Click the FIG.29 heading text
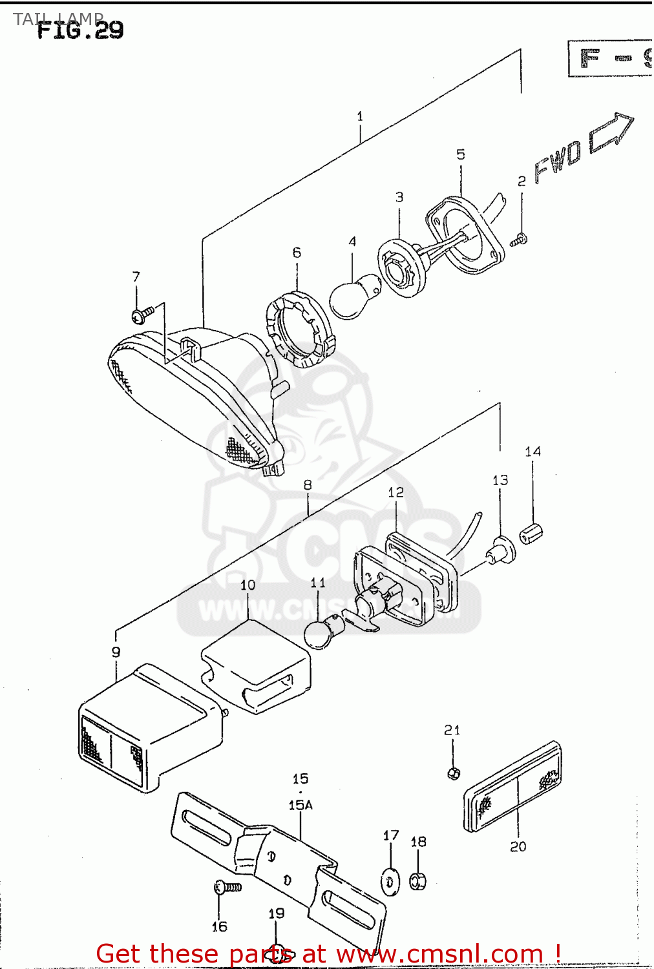click(80, 30)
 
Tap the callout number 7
click(136, 277)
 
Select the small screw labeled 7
click(142, 315)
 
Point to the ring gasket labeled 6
click(300, 329)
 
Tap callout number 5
click(461, 154)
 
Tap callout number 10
click(248, 585)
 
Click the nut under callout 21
click(454, 772)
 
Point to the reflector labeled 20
click(513, 787)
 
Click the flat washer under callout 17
click(390, 882)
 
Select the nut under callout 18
click(418, 880)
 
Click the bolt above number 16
click(227, 888)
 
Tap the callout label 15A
click(301, 806)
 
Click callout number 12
click(396, 493)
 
